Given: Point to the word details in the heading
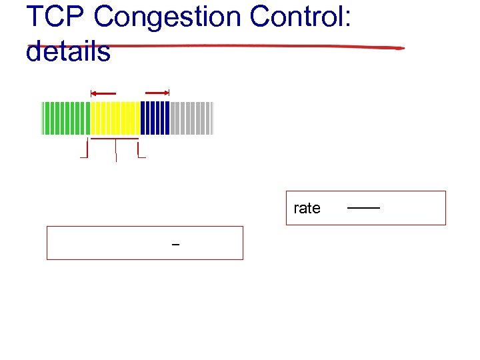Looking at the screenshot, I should click(68, 51).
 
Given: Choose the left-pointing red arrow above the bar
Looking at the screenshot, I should click(103, 93).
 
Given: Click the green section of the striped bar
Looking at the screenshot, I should click(65, 118).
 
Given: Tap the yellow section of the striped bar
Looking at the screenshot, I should click(115, 118).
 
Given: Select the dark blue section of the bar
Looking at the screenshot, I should click(155, 118).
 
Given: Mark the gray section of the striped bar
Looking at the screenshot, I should click(191, 118).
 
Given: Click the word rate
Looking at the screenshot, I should click(307, 208).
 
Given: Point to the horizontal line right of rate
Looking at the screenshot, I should click(363, 209).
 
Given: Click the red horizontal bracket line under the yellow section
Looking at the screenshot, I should click(115, 139).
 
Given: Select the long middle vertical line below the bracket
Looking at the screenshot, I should click(116, 151).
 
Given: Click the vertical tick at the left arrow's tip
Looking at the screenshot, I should click(91, 93).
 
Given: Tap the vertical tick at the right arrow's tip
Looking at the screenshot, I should click(169, 93).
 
